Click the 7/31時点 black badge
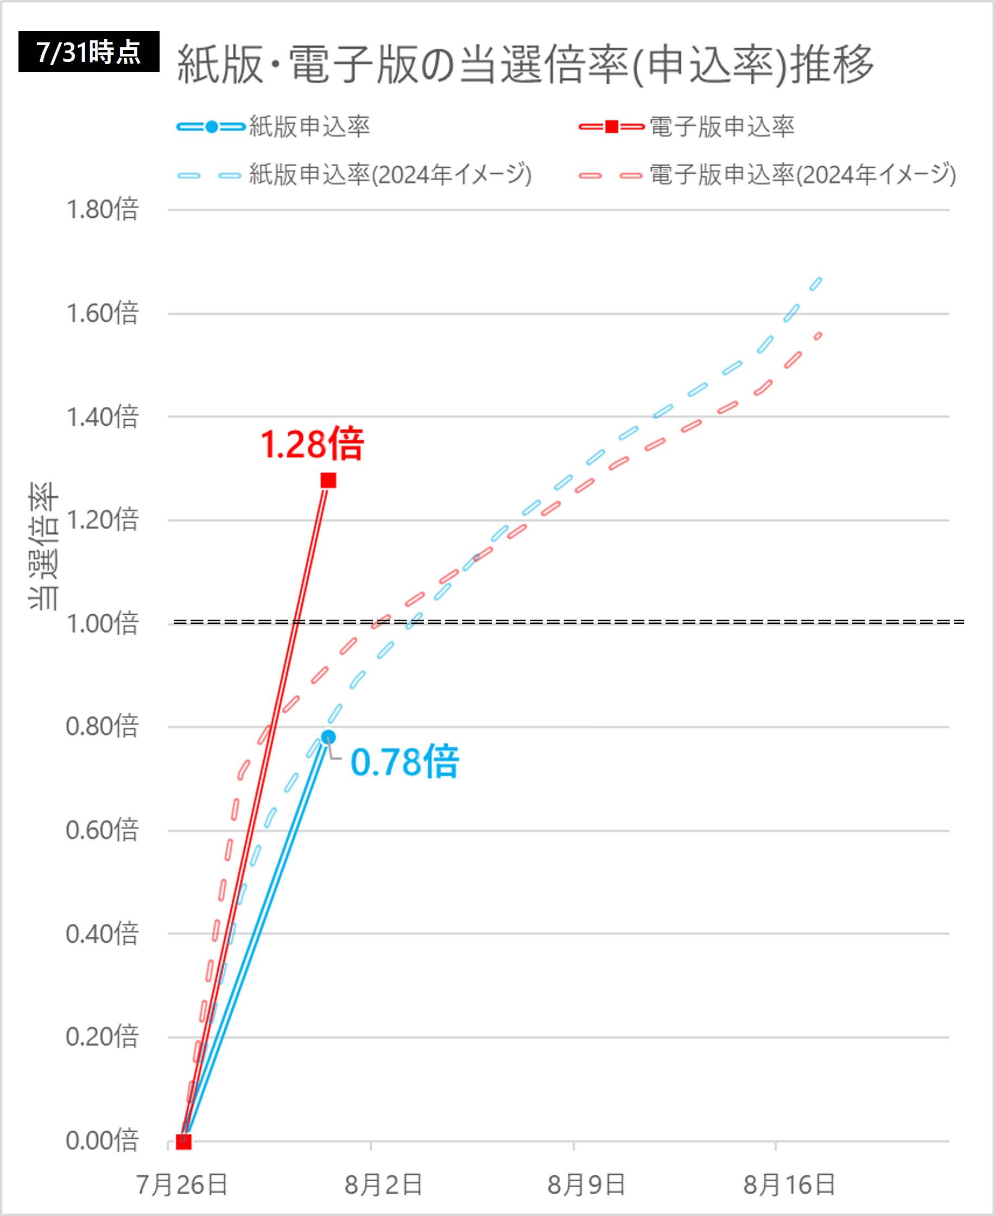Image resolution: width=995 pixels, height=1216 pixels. click(89, 52)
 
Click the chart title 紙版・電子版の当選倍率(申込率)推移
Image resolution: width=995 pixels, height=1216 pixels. click(525, 64)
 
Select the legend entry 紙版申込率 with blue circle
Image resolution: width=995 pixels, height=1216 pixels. click(274, 127)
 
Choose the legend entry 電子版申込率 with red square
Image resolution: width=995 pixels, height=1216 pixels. click(687, 127)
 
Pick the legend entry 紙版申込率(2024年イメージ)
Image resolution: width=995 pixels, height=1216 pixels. click(355, 175)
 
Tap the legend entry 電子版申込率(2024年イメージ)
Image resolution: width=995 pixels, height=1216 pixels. click(768, 175)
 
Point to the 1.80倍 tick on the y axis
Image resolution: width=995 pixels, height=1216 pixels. click(103, 210)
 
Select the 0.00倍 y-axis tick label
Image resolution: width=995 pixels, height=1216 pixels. click(103, 1141)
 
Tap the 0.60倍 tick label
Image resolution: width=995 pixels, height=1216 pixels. click(103, 831)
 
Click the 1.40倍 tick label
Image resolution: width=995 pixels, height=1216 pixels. click(103, 417)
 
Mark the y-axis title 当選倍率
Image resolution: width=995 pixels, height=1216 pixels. click(43, 546)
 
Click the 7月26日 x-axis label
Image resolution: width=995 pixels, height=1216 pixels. click(182, 1185)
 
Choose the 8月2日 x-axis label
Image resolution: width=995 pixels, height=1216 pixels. click(383, 1185)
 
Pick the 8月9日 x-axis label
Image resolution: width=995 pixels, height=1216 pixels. click(586, 1185)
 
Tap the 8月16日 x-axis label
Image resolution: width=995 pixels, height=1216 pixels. click(789, 1185)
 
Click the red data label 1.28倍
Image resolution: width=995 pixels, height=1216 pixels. click(312, 444)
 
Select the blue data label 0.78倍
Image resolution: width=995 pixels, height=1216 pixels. click(404, 763)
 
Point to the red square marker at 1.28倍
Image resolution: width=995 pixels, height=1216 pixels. click(328, 481)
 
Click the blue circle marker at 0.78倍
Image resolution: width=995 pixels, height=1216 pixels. click(328, 738)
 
